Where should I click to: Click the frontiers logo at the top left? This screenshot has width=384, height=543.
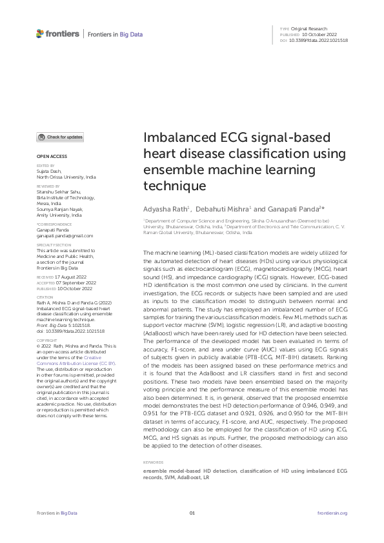click(57, 34)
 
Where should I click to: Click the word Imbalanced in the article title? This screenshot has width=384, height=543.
click(177, 139)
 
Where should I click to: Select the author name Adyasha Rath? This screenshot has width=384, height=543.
click(165, 210)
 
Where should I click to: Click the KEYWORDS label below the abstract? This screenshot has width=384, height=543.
click(153, 464)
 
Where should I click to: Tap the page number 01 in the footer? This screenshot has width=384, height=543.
click(192, 513)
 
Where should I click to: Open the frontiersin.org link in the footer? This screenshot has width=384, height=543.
click(334, 513)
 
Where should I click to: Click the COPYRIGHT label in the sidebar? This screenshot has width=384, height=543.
click(47, 340)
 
